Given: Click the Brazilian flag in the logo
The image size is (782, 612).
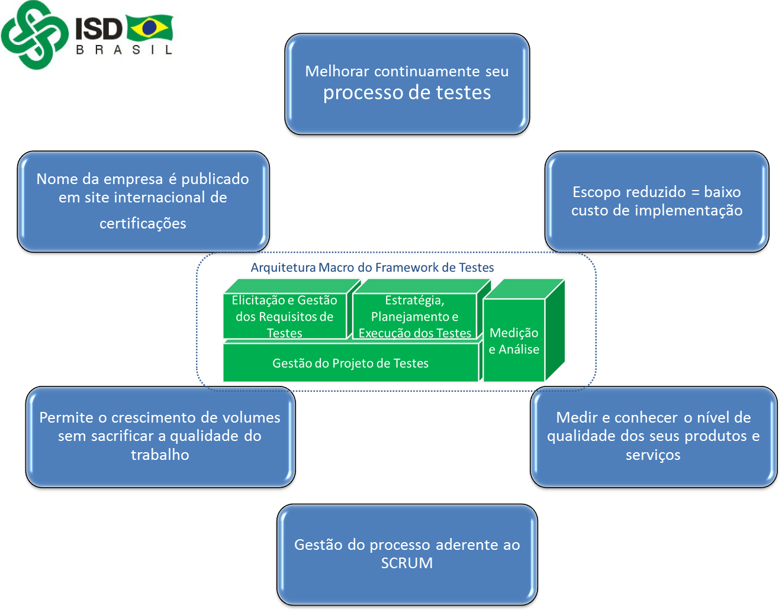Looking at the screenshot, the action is [150, 27].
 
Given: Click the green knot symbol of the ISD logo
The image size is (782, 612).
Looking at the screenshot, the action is [34, 34].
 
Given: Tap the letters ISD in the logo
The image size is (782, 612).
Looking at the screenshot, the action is [99, 29].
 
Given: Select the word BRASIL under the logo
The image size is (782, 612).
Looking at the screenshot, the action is [124, 50].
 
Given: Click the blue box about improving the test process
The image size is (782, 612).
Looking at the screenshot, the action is [407, 84].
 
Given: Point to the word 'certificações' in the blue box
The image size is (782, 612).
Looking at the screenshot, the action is [143, 223].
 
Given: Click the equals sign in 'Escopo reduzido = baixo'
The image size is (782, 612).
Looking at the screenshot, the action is [695, 192].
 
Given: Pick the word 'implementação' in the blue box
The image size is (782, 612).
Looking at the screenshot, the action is [688, 211].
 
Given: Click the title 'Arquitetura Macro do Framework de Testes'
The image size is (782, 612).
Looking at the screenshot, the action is [372, 268].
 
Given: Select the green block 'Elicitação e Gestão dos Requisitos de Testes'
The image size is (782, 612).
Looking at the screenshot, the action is [284, 316].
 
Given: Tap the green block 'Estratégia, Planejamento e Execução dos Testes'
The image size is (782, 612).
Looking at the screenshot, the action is [414, 316].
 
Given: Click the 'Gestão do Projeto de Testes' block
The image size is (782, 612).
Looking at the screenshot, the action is [350, 363].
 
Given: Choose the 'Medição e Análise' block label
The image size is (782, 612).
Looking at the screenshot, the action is [514, 341].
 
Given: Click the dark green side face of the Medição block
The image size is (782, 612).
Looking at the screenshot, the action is [555, 330].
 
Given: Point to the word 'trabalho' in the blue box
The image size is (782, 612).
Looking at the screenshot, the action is [160, 455].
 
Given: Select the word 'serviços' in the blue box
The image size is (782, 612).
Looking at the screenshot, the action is [653, 455].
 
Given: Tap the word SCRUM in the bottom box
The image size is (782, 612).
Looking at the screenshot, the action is [407, 563].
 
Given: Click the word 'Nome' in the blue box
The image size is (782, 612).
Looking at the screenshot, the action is [57, 179].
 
